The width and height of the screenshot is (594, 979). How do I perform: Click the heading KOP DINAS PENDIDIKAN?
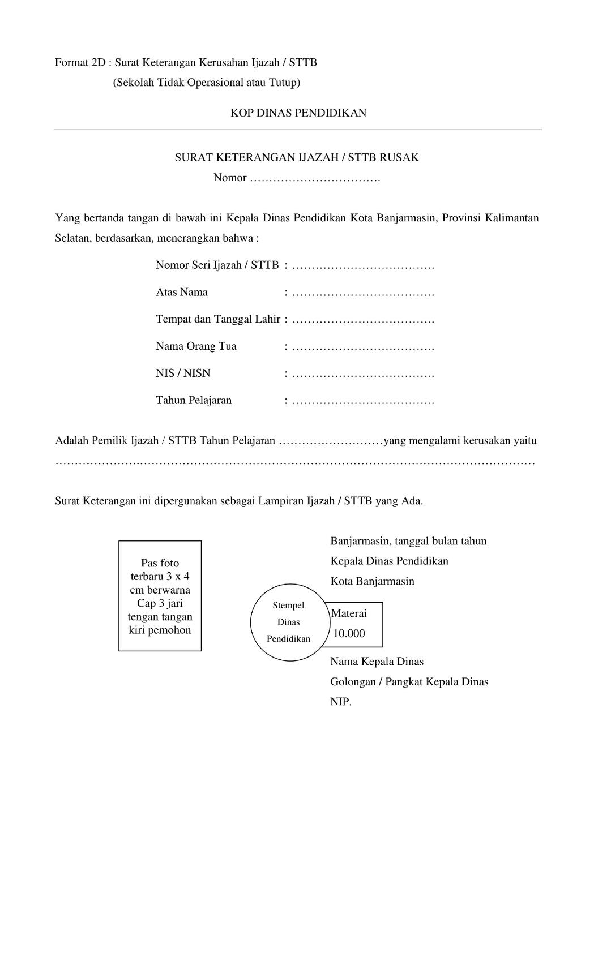tap(298, 113)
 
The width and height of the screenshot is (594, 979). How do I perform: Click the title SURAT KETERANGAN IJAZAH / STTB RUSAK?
tap(297, 157)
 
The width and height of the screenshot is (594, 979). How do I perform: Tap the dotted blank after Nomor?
tap(315, 178)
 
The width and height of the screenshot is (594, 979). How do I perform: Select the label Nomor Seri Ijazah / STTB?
tap(217, 265)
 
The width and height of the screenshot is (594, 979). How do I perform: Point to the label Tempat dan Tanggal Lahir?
tap(218, 319)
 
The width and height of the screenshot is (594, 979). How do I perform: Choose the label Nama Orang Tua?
tap(196, 346)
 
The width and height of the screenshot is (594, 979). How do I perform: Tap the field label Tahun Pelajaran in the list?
tap(194, 400)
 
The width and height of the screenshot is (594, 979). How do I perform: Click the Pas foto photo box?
tap(160, 596)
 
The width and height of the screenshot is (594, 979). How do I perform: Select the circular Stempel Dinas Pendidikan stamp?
tap(289, 622)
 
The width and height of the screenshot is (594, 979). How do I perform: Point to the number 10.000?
tap(349, 633)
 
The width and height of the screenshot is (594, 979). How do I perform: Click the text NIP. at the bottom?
tap(341, 702)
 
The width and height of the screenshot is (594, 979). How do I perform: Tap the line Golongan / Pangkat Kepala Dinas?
tap(409, 681)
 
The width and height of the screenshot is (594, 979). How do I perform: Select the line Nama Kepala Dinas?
tap(377, 661)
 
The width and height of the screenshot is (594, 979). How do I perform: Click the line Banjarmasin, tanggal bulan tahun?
tap(408, 540)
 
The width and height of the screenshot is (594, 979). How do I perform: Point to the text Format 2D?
tap(80, 62)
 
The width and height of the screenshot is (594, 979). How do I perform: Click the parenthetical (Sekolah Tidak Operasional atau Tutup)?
tap(206, 83)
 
